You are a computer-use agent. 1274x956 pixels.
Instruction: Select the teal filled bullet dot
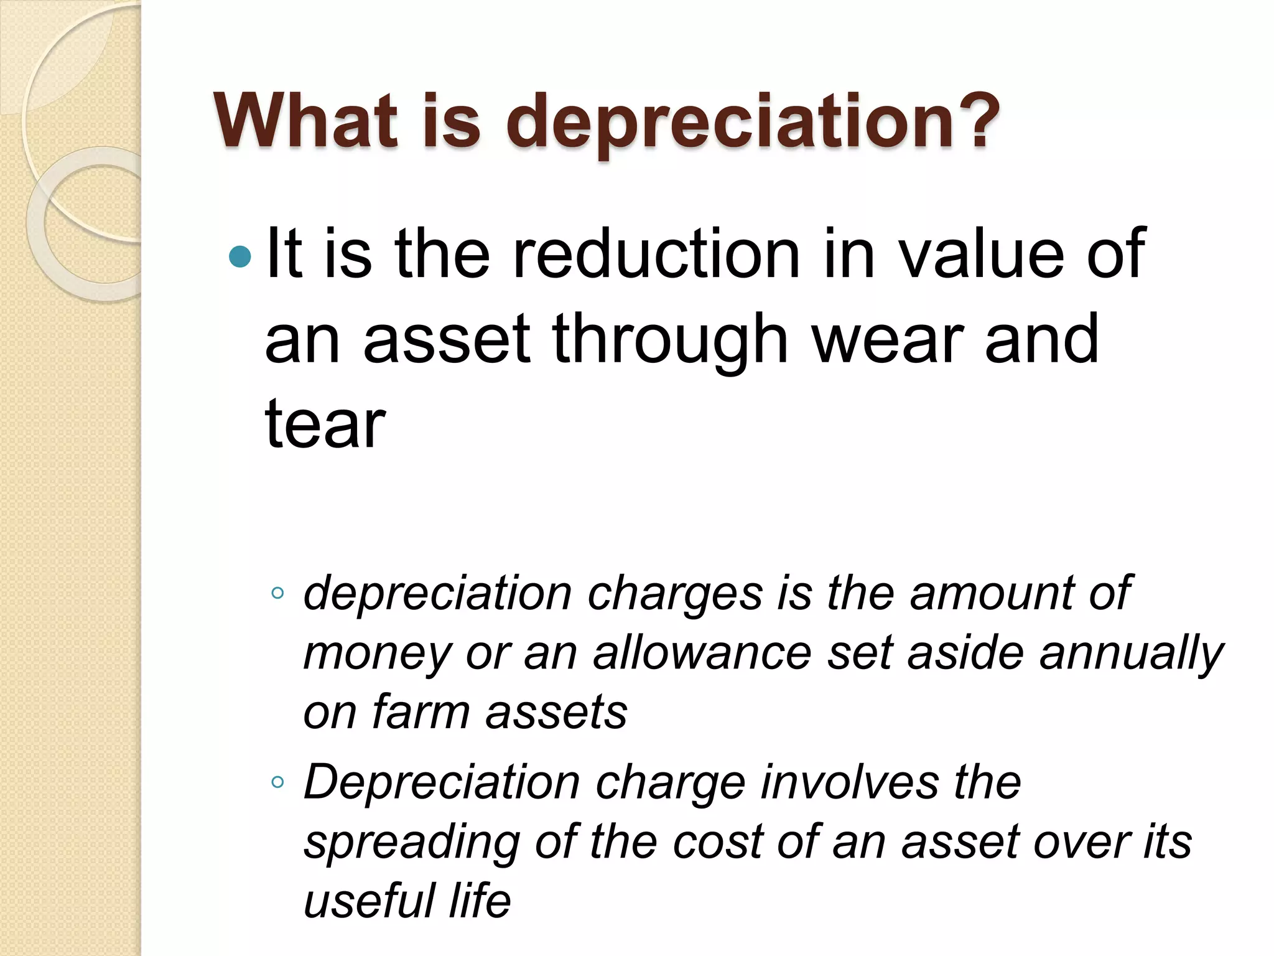tap(240, 256)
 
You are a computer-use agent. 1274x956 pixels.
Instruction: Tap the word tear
tap(325, 424)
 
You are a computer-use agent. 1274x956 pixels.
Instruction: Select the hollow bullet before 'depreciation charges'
tap(277, 593)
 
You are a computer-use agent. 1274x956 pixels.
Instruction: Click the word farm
tap(420, 712)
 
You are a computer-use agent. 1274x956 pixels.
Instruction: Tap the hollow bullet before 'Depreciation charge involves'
tap(277, 782)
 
